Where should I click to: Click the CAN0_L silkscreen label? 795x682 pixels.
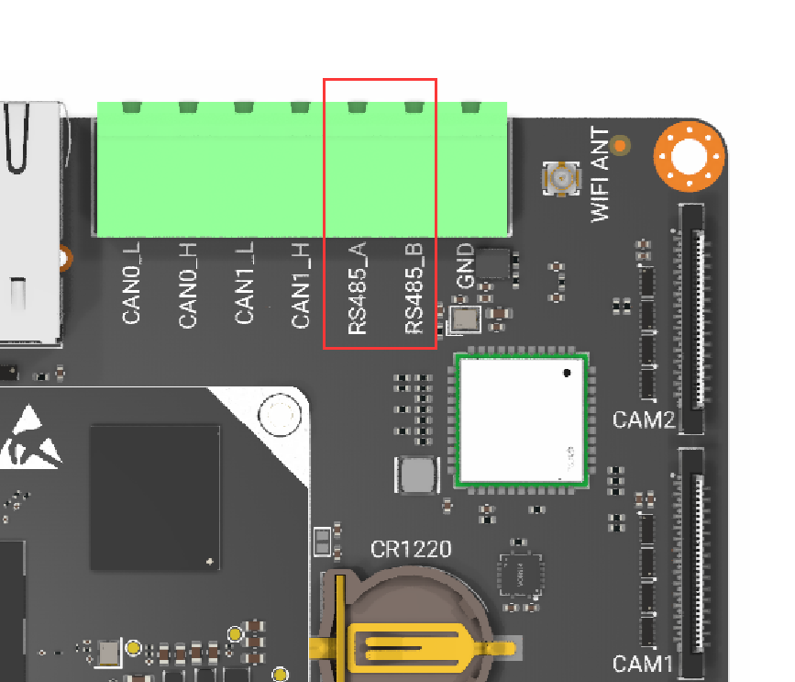[131, 283]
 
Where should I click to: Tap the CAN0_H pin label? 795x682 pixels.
[188, 285]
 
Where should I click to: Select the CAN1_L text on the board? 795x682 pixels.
[244, 283]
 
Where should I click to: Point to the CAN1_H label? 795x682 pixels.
[300, 285]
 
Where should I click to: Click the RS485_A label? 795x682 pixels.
[358, 287]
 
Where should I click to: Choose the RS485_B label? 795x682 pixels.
[414, 287]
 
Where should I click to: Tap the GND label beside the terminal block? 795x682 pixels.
[465, 265]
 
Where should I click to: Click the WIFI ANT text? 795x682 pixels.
[601, 174]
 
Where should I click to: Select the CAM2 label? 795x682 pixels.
[644, 419]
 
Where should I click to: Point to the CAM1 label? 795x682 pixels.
[643, 664]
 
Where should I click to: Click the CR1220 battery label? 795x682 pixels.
[411, 549]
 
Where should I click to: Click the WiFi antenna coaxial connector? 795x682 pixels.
[561, 178]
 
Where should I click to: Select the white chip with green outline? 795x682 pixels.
[521, 420]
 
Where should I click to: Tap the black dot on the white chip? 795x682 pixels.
[567, 373]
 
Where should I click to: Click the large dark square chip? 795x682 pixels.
[155, 498]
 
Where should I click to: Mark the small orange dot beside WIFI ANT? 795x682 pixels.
[620, 146]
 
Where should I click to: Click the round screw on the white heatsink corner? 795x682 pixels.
[280, 415]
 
